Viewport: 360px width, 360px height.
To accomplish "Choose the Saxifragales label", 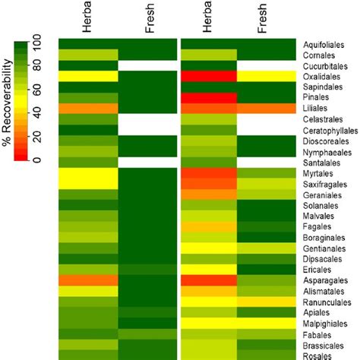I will tap(324, 185).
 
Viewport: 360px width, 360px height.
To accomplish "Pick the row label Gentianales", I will tap(324, 248).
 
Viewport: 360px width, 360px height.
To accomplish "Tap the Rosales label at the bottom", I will tap(318, 354).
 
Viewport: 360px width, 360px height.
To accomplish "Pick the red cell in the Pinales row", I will tap(209, 98).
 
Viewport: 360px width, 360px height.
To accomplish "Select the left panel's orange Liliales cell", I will tap(87, 109).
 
